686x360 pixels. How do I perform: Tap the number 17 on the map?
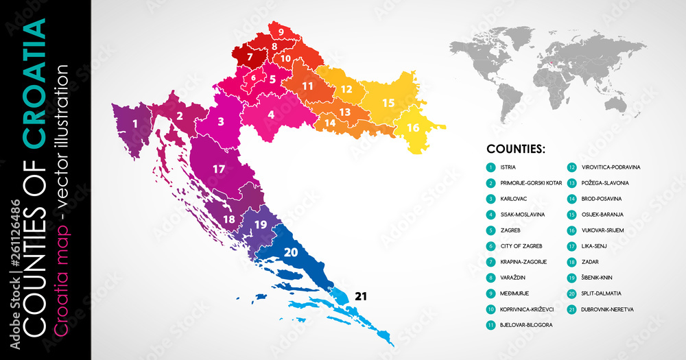click(219, 168)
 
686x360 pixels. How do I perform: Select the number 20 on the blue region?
click(291, 252)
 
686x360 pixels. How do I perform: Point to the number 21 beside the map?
click(362, 296)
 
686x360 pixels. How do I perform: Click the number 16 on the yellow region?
click(412, 128)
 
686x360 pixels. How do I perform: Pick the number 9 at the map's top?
click(281, 32)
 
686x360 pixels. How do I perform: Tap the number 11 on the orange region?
click(307, 86)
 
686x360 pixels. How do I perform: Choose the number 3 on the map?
click(221, 122)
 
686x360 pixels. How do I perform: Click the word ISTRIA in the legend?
click(508, 167)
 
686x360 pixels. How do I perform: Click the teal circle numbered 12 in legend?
click(571, 167)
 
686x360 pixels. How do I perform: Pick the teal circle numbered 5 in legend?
click(490, 230)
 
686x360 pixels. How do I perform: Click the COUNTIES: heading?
click(516, 147)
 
